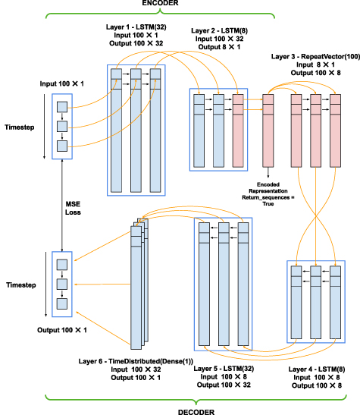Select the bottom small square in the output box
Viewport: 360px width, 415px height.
tap(62, 303)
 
